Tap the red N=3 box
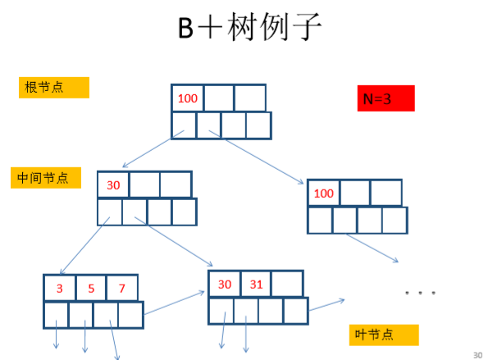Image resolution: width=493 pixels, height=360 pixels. tap(386, 98)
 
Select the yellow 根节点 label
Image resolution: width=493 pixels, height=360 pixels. tap(53, 87)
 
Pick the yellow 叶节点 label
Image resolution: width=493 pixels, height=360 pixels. tap(384, 335)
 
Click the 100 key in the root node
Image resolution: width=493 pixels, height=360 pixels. tap(187, 98)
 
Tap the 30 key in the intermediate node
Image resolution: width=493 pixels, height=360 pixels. tap(113, 185)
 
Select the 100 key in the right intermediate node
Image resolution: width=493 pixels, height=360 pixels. tap(324, 194)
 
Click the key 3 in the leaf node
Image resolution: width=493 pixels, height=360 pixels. tap(59, 288)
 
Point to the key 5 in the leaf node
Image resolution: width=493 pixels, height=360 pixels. tap(91, 288)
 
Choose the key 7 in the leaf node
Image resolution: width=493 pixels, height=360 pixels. tap(122, 288)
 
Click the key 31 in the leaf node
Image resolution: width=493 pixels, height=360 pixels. tap(256, 284)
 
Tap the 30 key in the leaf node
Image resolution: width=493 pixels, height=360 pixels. tap(224, 284)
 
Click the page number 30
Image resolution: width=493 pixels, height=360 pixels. tap(478, 354)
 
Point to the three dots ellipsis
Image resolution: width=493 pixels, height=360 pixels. tap(418, 292)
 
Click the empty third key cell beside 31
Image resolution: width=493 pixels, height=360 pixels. tap(287, 284)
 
